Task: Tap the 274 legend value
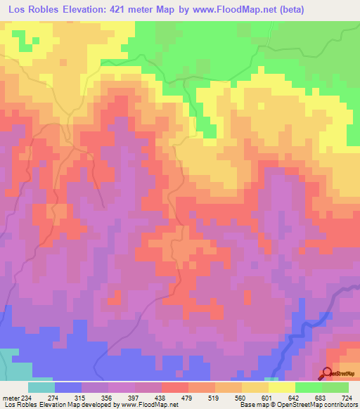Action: [53, 397]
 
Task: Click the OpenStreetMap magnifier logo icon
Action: [327, 372]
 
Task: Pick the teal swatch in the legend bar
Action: [41, 387]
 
